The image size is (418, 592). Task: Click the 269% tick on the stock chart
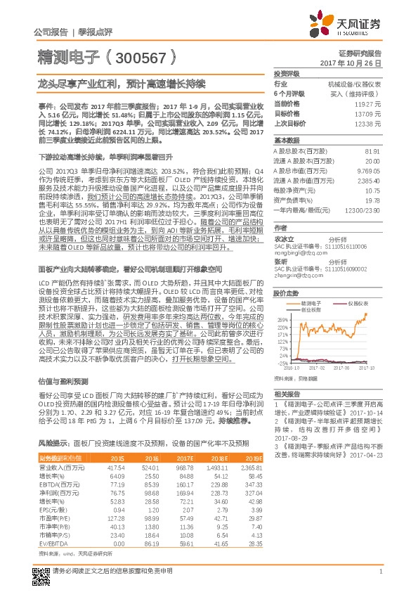(283, 318)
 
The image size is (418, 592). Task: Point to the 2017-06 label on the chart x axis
(343, 367)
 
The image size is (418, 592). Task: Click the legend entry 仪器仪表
(360, 303)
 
